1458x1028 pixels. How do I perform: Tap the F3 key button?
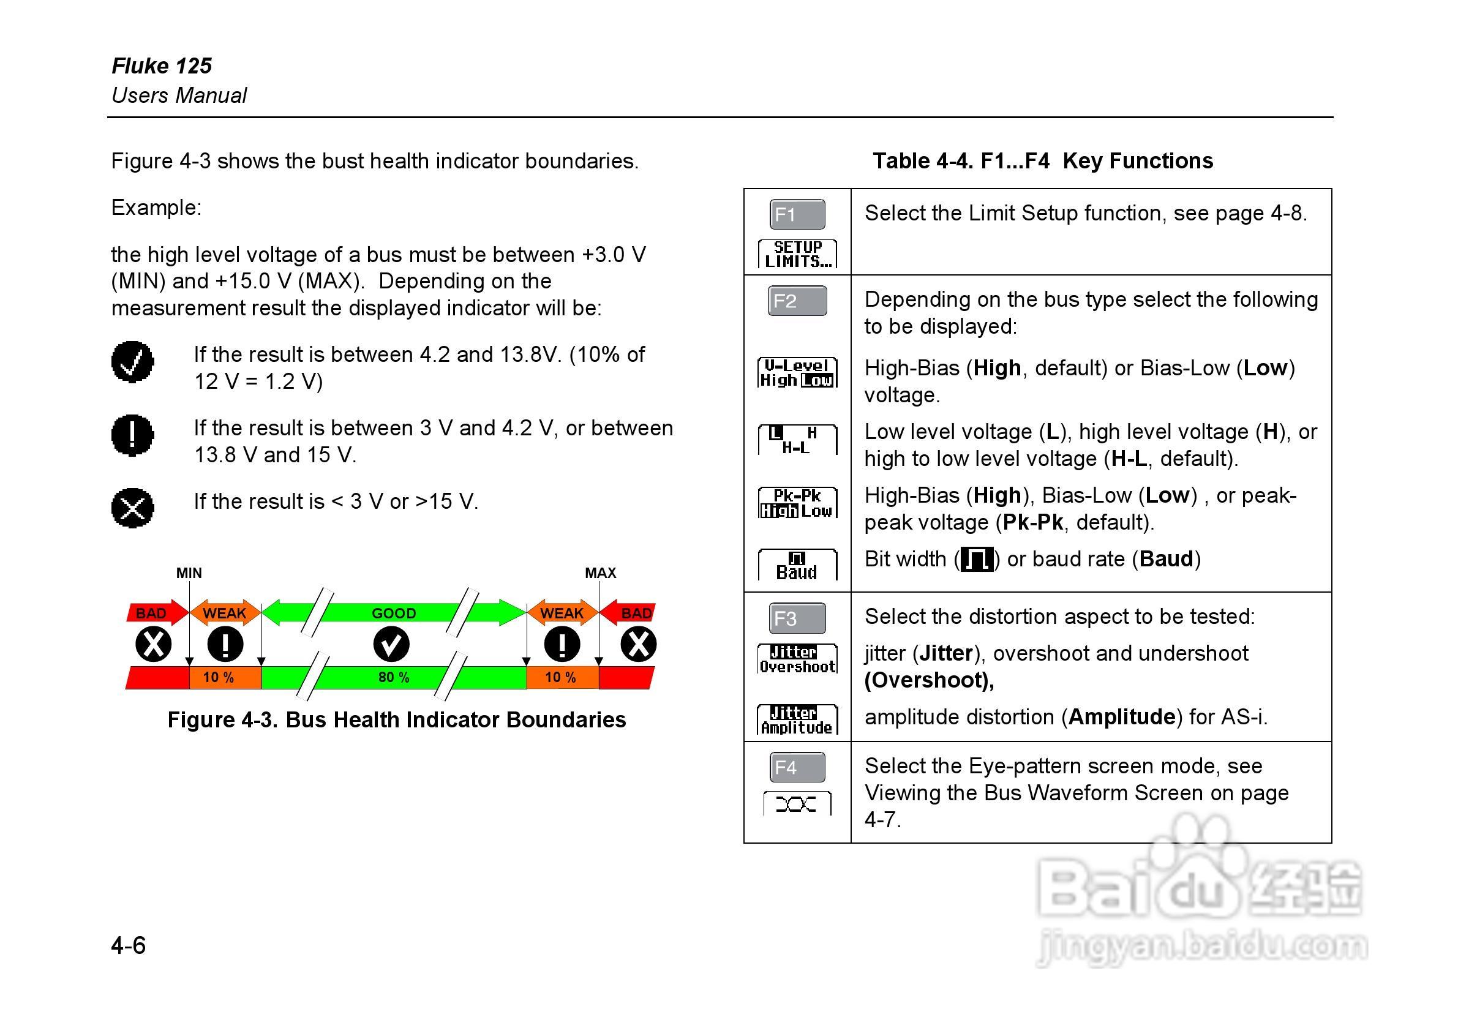[x=797, y=618]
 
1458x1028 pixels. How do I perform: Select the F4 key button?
[x=797, y=767]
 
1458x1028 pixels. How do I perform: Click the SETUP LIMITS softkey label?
[x=797, y=254]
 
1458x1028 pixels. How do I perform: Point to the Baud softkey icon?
[x=797, y=565]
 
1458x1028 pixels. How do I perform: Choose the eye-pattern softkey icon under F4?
[x=796, y=805]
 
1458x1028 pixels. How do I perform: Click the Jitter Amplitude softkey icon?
[x=797, y=720]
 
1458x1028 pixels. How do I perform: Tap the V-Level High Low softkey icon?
[x=797, y=373]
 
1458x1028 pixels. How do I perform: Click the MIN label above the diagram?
[x=189, y=572]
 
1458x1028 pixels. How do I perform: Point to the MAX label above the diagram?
[x=600, y=572]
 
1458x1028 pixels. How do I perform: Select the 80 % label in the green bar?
[x=394, y=678]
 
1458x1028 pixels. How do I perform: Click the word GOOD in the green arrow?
[x=394, y=613]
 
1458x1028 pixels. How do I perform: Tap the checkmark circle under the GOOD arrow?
[x=391, y=644]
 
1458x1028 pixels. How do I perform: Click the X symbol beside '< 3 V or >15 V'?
[x=133, y=508]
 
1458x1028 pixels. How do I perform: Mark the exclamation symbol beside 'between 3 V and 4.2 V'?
[x=133, y=435]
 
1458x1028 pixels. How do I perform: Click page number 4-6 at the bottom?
[x=128, y=945]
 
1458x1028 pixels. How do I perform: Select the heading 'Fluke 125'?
[x=162, y=66]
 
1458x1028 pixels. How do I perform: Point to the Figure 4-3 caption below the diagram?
[x=396, y=720]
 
